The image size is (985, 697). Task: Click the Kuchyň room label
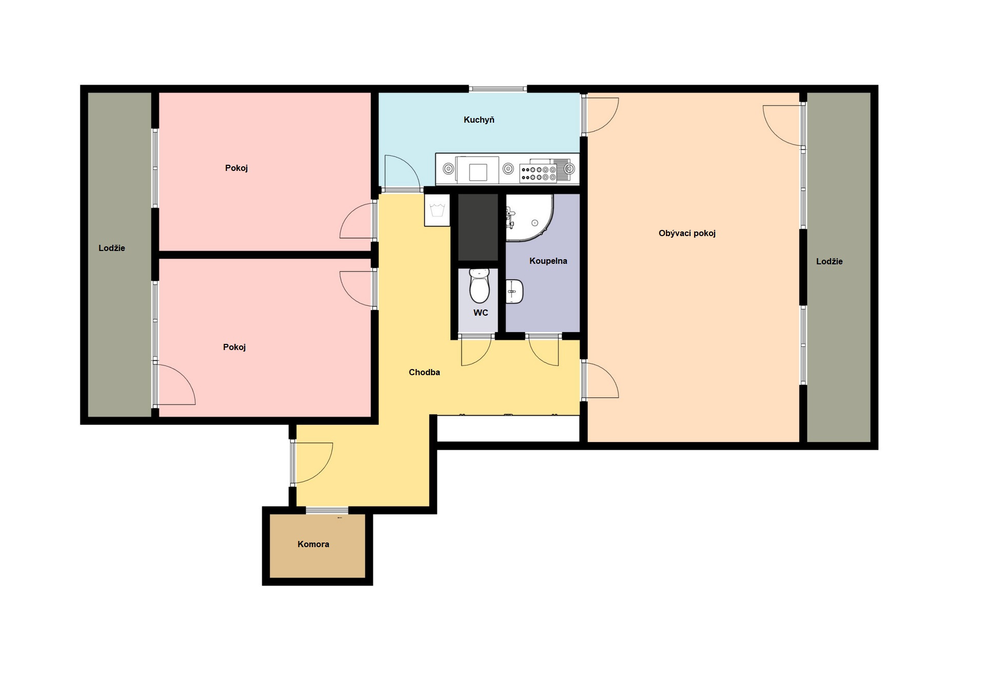(479, 120)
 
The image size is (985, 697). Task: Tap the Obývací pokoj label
(687, 233)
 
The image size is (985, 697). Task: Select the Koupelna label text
(548, 261)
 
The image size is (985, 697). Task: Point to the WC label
(481, 313)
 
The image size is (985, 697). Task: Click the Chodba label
(424, 372)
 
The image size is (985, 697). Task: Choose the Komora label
(313, 544)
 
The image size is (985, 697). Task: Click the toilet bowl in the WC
(480, 286)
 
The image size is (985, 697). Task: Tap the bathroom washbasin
(515, 292)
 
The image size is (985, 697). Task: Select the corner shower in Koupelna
(530, 218)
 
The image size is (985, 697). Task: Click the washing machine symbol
(437, 210)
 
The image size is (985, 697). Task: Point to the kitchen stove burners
(538, 173)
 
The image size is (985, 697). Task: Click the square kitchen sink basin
(478, 171)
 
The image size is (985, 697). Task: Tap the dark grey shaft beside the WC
(478, 227)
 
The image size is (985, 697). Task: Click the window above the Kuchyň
(498, 89)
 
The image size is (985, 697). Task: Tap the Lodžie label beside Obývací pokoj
(829, 261)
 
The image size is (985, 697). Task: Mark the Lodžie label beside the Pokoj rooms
(112, 248)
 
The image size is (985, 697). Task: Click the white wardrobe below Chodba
(508, 428)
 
